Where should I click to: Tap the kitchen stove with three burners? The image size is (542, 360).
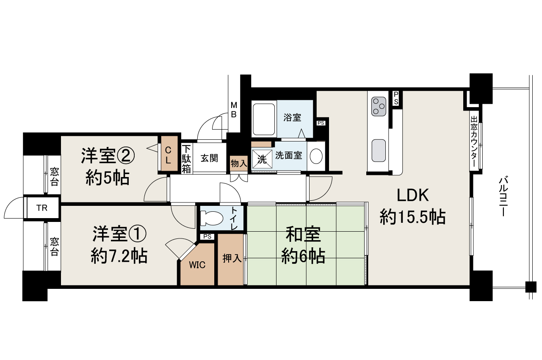(x=378, y=106)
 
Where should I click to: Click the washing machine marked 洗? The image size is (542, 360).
(x=262, y=159)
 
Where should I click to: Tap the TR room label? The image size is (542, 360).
(x=41, y=208)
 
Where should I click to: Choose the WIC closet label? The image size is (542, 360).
(x=197, y=265)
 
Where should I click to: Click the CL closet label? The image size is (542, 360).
(x=168, y=154)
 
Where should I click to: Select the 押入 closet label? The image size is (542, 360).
(x=232, y=258)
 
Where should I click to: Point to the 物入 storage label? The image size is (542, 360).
(x=238, y=163)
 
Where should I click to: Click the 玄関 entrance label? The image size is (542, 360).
(x=209, y=158)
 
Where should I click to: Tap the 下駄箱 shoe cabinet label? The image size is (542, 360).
(x=187, y=159)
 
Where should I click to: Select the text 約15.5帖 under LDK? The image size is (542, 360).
(x=412, y=218)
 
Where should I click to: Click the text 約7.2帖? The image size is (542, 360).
(x=119, y=255)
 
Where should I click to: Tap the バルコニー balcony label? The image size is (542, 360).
(x=503, y=197)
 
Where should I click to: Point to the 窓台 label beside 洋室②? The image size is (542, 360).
(x=54, y=177)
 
